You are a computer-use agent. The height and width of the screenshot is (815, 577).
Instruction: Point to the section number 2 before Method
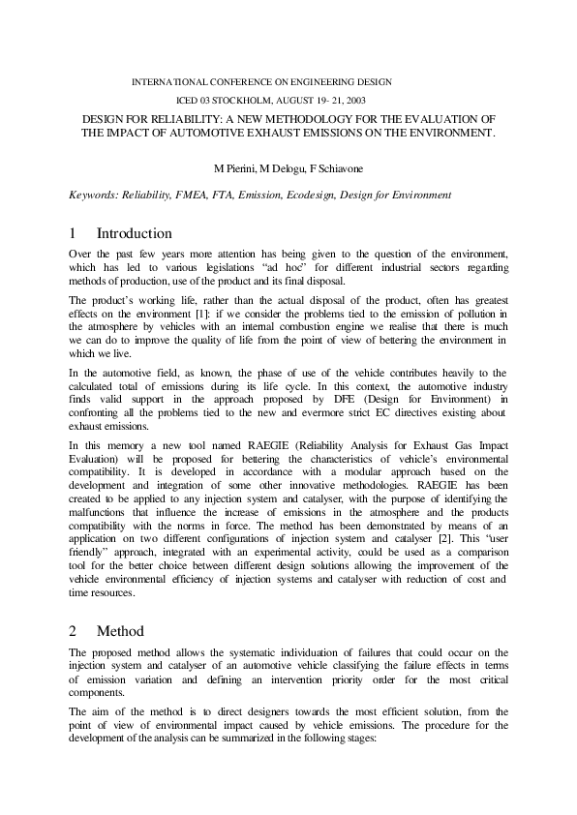point(73,630)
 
